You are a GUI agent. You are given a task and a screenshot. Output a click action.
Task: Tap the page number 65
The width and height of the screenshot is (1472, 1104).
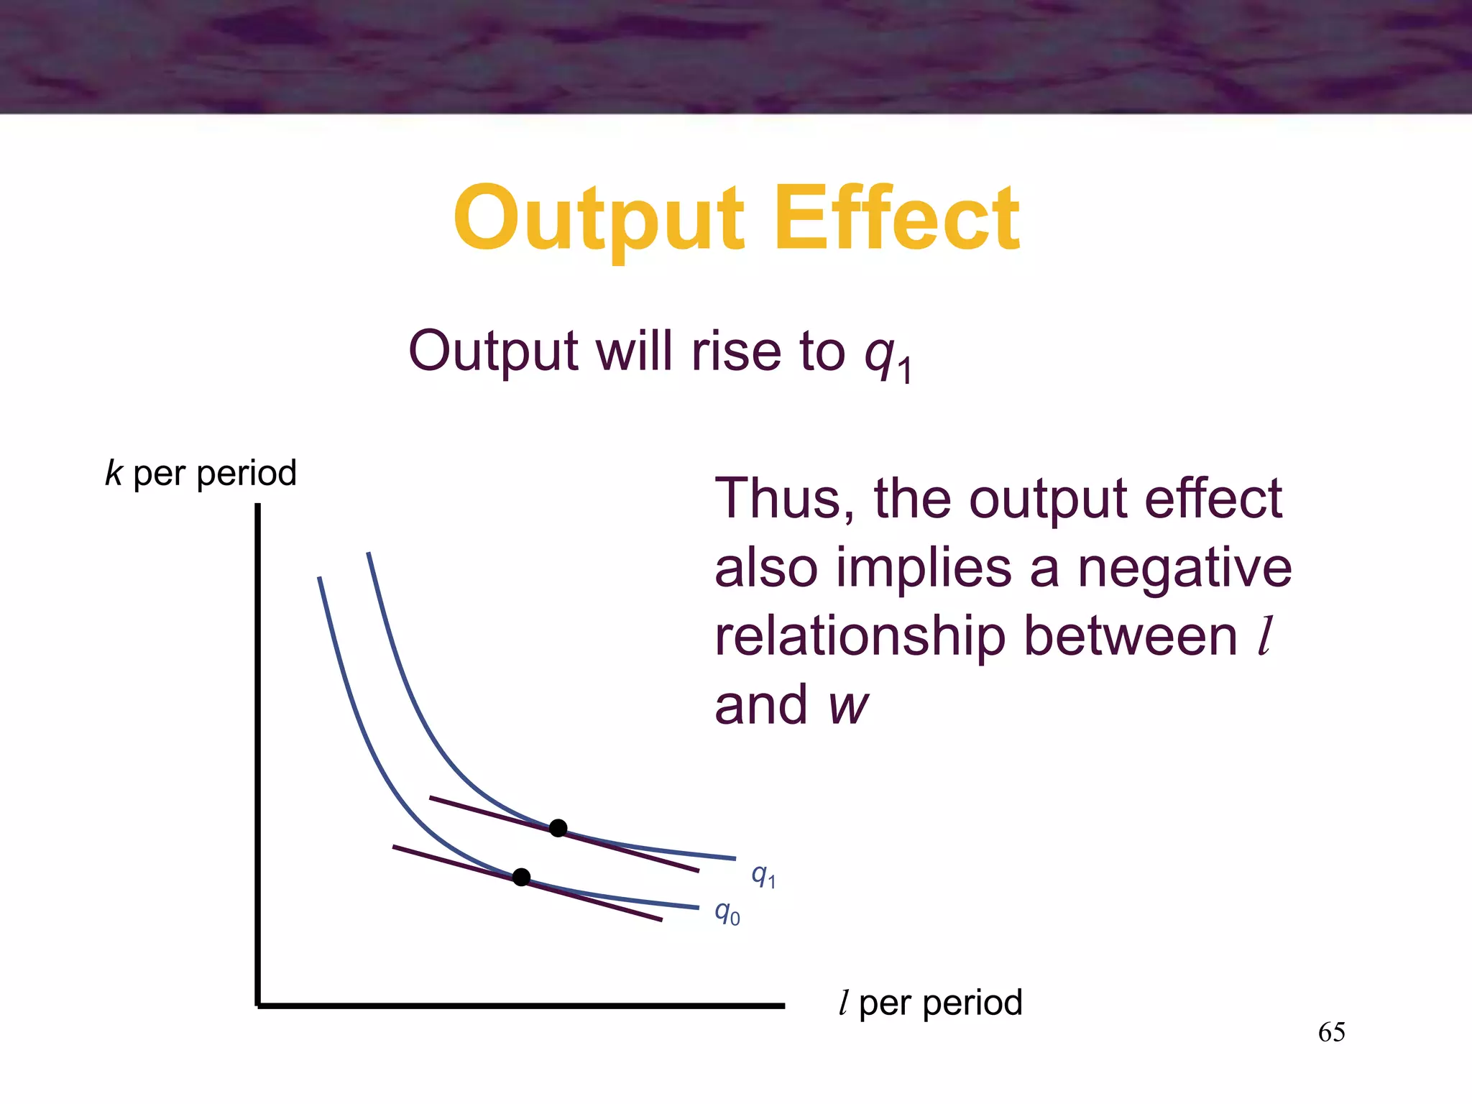point(1331,1032)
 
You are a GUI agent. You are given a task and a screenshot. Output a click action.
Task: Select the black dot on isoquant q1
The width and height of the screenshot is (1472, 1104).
point(558,828)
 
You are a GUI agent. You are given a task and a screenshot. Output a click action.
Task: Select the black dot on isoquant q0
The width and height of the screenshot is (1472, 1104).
point(522,877)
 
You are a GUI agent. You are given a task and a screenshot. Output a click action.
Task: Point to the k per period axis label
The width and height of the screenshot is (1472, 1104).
point(201,474)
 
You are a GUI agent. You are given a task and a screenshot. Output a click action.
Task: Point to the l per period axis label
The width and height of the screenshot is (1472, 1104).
point(930,1003)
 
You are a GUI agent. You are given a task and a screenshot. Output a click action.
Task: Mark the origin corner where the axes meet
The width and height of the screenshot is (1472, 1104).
point(258,1006)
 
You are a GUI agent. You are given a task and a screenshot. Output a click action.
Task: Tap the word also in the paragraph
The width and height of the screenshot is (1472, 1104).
point(766,568)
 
